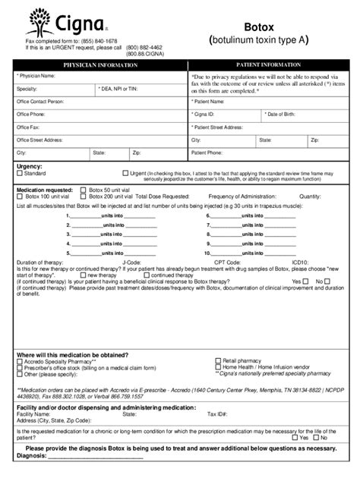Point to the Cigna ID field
point(225,115)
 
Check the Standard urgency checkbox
point(21,174)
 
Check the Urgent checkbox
point(125,173)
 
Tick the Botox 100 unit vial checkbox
point(21,196)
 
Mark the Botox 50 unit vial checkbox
point(84,190)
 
